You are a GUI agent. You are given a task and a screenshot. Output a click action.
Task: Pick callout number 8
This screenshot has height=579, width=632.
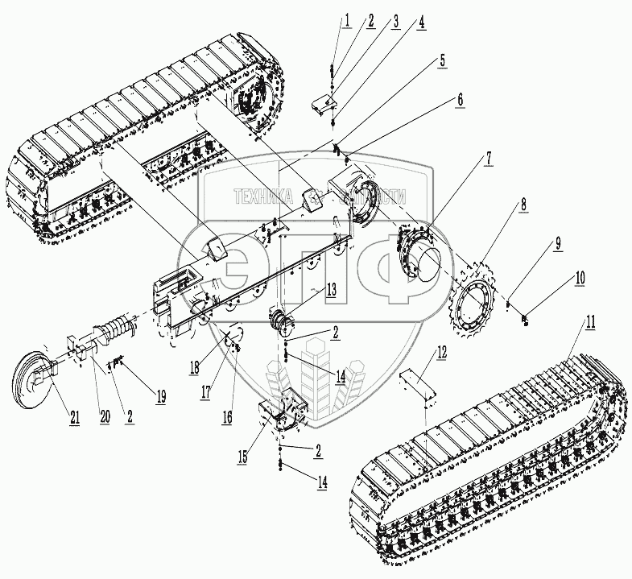tap(524, 205)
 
